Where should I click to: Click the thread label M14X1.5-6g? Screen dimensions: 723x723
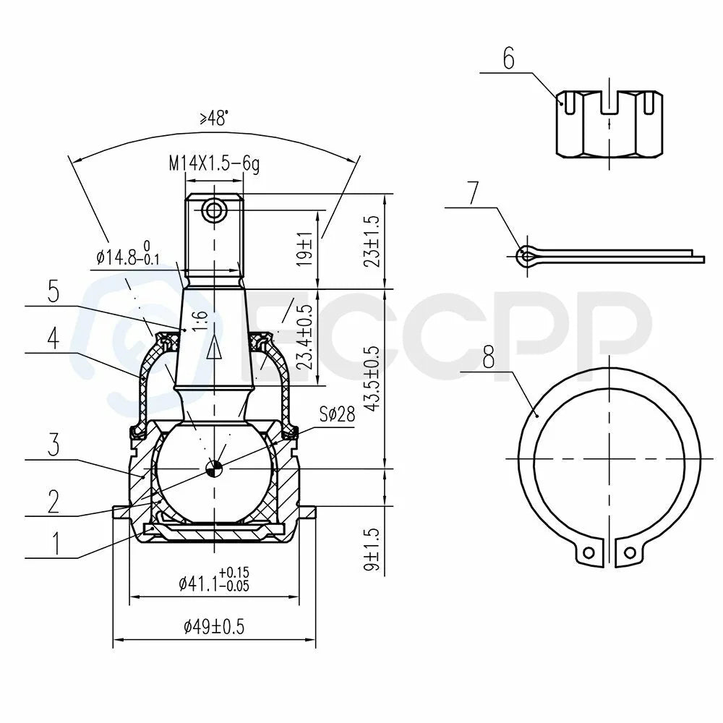[x=215, y=163]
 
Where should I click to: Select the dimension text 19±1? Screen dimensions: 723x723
[x=305, y=249]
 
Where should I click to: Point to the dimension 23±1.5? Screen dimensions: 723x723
[x=372, y=241]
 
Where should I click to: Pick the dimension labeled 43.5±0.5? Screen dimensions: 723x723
[x=372, y=378]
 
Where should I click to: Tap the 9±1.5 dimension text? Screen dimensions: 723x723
[x=372, y=549]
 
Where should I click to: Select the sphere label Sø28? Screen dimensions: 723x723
[x=338, y=414]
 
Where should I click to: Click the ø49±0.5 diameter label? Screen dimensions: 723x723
[x=214, y=627]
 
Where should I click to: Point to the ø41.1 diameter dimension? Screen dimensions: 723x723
[x=214, y=580]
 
